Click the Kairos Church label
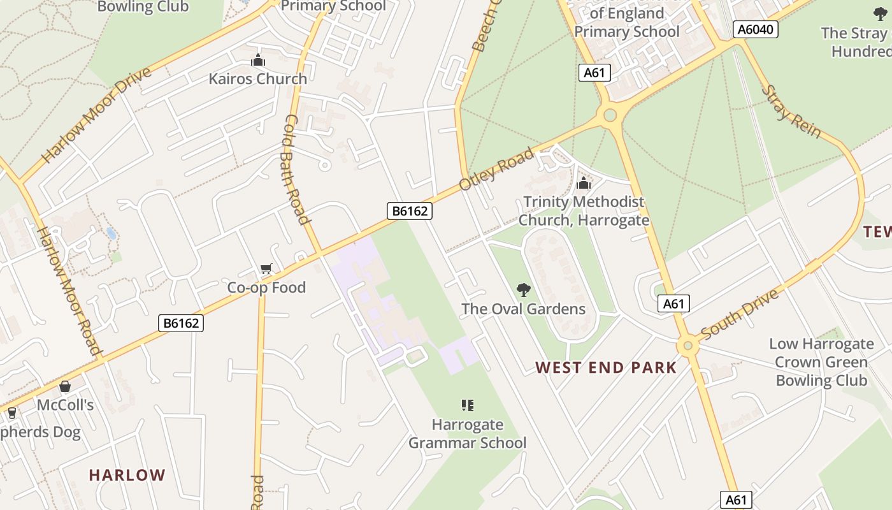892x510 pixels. pos(258,79)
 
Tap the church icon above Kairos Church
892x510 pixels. pos(258,61)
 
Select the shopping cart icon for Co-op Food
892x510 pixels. pos(266,269)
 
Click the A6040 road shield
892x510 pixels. pos(756,29)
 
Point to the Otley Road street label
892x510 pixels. pos(496,169)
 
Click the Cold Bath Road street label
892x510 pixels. pos(295,169)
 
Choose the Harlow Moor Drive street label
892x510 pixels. pos(96,115)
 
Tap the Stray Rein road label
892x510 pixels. pos(791,112)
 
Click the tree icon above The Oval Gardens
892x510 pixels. pos(524,291)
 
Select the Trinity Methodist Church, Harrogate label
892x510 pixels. pos(584,211)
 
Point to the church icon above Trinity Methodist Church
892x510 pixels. pos(584,184)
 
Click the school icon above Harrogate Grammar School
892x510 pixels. pos(468,405)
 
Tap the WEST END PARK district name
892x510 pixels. pos(606,367)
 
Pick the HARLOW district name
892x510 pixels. pos(127,475)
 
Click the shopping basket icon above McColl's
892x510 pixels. pos(65,386)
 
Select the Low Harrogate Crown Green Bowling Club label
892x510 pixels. pos(821,362)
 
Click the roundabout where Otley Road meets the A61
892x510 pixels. pos(610,115)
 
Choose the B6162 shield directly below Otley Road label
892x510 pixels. pos(409,211)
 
